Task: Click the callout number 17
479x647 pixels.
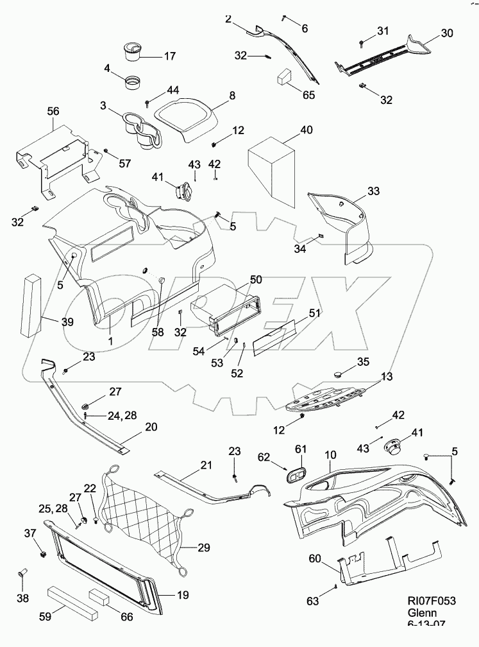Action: pos(169,56)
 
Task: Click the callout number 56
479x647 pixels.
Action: pos(53,111)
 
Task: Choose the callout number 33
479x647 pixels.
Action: pos(374,191)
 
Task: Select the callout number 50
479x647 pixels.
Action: pos(256,280)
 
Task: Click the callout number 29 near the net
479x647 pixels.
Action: pos(204,548)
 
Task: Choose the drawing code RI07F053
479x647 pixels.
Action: pos(432,601)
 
